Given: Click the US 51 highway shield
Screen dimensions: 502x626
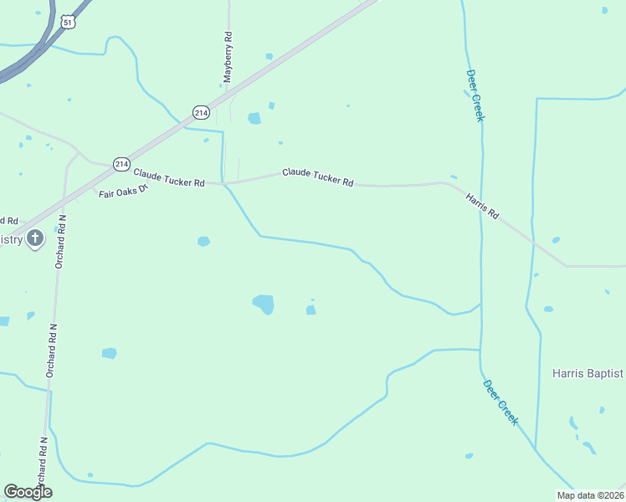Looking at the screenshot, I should coord(68,22).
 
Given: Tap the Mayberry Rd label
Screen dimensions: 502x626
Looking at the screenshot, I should coord(227,57).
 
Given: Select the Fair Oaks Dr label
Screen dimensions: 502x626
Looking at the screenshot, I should coord(123,191).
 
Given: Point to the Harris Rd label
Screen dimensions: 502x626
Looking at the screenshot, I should coord(482,206).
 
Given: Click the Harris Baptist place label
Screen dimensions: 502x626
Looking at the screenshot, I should coord(588,373).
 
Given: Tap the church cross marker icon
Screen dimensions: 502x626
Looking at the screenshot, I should coord(35,239).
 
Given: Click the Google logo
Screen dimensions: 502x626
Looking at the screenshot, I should coord(28,492).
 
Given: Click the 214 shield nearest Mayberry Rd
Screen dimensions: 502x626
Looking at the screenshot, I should coord(201,111).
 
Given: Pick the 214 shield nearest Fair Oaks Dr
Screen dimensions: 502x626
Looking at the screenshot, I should coord(121,164).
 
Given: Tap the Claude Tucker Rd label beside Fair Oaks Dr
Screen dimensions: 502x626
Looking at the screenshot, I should coord(169,177).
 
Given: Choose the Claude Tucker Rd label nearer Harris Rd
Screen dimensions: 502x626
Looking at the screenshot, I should coord(317,177).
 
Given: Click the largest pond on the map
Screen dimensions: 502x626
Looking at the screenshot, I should coord(264,304).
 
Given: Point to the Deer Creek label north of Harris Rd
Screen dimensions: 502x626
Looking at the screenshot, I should coord(475,95).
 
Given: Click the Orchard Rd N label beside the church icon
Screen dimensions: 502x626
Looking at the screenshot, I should coord(61,241).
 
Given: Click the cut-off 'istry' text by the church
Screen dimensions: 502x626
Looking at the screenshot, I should coord(11,240).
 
